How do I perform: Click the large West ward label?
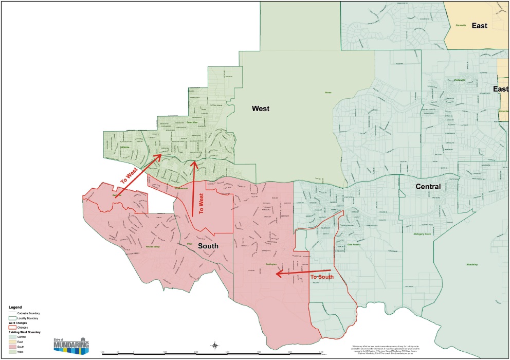(261, 109)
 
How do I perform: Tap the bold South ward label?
(208, 246)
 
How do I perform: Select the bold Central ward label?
(428, 187)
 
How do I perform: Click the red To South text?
(322, 277)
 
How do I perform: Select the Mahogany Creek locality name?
(423, 234)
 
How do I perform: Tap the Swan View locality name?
(192, 122)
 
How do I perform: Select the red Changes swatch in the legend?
(12, 327)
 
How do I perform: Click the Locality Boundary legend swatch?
(12, 319)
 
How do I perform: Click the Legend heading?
(15, 307)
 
